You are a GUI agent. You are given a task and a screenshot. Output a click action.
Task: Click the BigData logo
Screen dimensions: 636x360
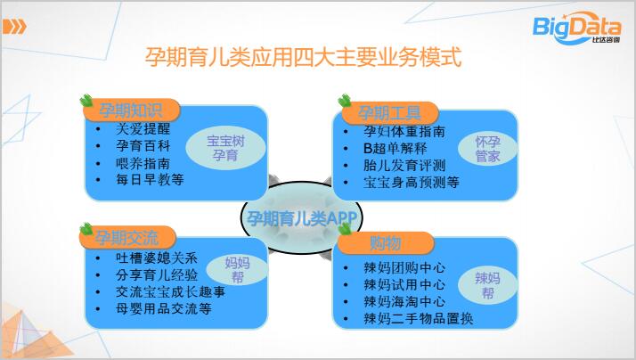click(x=576, y=28)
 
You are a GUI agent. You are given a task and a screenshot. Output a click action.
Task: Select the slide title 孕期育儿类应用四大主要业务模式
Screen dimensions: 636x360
click(x=304, y=57)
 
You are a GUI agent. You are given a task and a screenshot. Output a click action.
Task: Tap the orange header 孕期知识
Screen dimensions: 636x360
click(x=131, y=110)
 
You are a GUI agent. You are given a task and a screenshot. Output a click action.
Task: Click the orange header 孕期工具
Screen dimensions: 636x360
click(x=389, y=113)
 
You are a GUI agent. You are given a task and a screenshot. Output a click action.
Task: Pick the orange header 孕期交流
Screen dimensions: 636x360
click(x=127, y=237)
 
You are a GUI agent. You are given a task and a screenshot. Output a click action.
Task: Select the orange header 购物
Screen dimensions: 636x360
click(x=386, y=242)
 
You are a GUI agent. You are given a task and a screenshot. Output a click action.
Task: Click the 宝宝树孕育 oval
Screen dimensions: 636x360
click(x=225, y=148)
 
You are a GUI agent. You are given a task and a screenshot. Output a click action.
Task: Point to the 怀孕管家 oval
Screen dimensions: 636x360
click(x=487, y=149)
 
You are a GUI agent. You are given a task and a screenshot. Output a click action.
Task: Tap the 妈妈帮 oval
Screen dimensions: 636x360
click(x=237, y=270)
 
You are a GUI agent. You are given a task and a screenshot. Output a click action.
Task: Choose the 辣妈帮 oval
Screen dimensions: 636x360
click(x=487, y=285)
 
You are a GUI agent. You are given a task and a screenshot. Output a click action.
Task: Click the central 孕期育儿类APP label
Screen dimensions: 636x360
click(x=301, y=218)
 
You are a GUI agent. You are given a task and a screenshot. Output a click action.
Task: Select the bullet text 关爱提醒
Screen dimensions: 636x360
click(x=143, y=128)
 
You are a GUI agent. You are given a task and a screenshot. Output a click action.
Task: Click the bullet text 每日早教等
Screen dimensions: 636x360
click(x=150, y=179)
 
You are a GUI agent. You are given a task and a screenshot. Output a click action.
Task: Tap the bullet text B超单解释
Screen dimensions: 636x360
click(x=395, y=148)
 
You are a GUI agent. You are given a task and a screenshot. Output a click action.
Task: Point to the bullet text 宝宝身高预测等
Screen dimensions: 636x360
click(x=412, y=183)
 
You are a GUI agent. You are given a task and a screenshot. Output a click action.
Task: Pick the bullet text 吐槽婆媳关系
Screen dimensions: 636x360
click(x=157, y=258)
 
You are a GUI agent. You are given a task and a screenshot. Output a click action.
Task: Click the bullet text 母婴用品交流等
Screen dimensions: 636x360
click(x=164, y=309)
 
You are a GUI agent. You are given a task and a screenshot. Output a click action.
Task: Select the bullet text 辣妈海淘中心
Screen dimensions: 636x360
click(x=404, y=301)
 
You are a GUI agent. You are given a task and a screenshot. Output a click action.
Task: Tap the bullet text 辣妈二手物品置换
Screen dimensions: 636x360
click(x=418, y=319)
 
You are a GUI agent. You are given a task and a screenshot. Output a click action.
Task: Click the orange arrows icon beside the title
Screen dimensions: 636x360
click(x=14, y=28)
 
